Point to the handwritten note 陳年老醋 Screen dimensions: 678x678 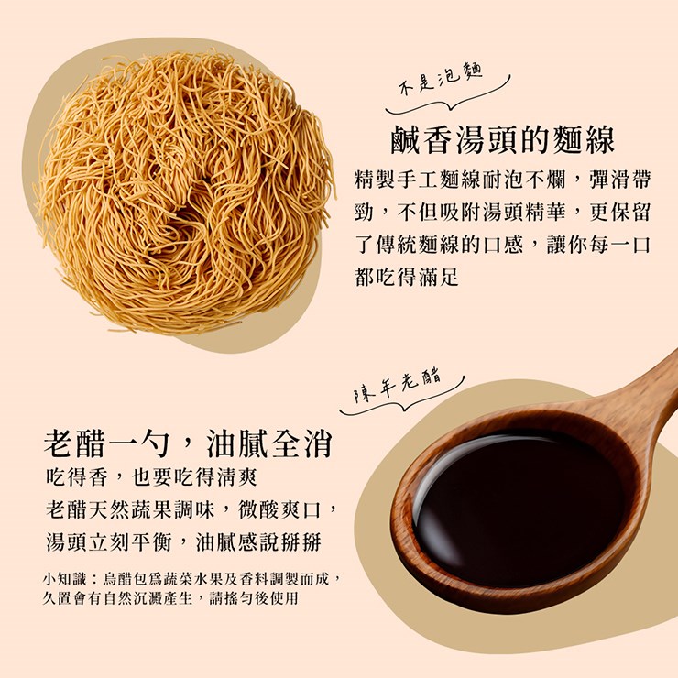(x=398, y=386)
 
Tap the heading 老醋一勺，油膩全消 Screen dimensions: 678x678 (x=188, y=443)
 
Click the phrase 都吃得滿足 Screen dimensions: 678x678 (x=407, y=278)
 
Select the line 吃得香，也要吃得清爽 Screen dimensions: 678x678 (x=151, y=477)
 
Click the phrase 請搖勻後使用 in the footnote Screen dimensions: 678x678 (x=254, y=598)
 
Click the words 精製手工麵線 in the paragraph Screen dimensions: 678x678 (x=417, y=180)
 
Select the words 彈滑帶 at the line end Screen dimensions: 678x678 (x=619, y=180)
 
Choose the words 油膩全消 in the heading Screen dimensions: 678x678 (x=269, y=443)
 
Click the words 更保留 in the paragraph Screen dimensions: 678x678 (x=619, y=213)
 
